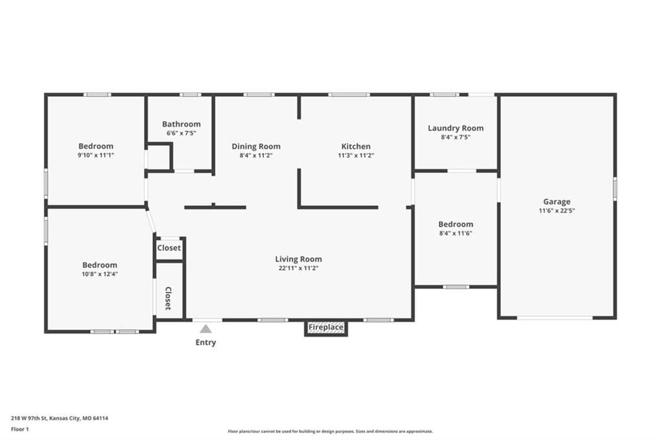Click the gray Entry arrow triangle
click(x=206, y=329)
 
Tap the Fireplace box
click(x=326, y=328)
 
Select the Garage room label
click(x=556, y=201)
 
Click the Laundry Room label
click(x=456, y=128)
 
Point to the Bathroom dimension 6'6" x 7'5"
click(x=181, y=133)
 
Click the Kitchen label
click(x=356, y=146)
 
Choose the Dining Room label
click(x=256, y=146)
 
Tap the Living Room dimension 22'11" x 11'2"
click(x=298, y=268)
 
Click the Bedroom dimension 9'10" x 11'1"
click(x=96, y=155)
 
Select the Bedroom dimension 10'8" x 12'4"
click(x=99, y=274)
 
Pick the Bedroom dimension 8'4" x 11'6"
click(x=456, y=233)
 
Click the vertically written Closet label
click(x=168, y=298)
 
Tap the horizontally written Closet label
click(x=169, y=248)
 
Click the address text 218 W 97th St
click(x=29, y=418)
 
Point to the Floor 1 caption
click(x=20, y=430)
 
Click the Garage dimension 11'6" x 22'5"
click(x=556, y=211)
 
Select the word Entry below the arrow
click(x=206, y=342)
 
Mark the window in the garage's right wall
click(x=615, y=188)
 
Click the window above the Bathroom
click(x=190, y=94)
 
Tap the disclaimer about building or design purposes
click(x=330, y=431)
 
